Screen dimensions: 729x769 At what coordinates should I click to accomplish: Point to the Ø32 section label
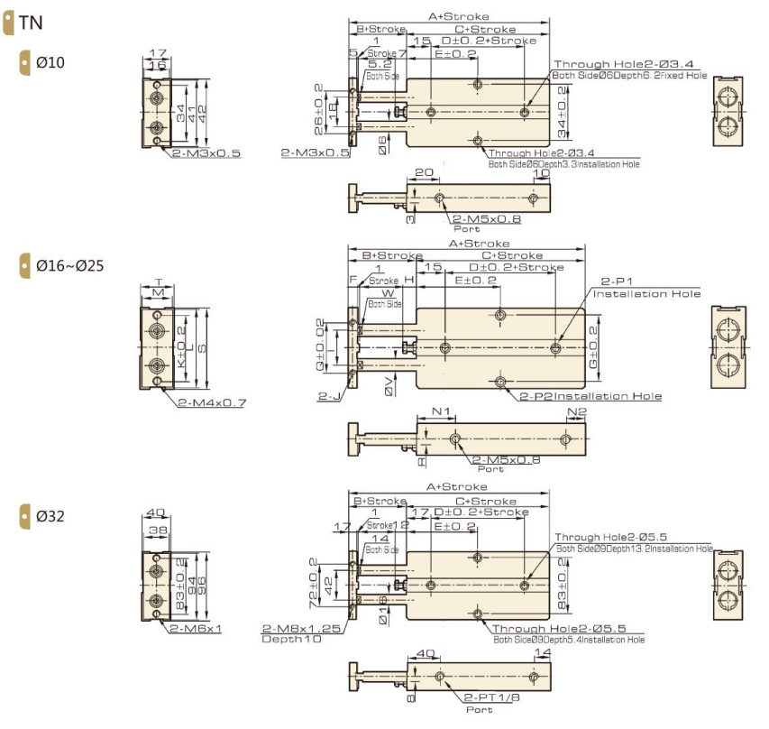pos(50,517)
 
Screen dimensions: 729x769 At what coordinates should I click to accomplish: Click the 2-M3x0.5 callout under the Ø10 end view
pos(206,153)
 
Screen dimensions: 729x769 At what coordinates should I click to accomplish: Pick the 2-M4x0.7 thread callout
pos(212,401)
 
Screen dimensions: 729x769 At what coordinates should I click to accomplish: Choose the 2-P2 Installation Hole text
pos(590,396)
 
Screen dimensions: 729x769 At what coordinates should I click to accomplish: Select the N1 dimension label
pos(441,411)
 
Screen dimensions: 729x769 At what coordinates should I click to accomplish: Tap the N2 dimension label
pos(577,411)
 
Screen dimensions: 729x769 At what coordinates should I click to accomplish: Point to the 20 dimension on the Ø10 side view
pos(421,171)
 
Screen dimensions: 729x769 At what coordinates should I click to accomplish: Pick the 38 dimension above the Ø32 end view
pos(157,531)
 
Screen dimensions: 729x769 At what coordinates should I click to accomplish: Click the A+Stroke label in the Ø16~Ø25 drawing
pos(479,244)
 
